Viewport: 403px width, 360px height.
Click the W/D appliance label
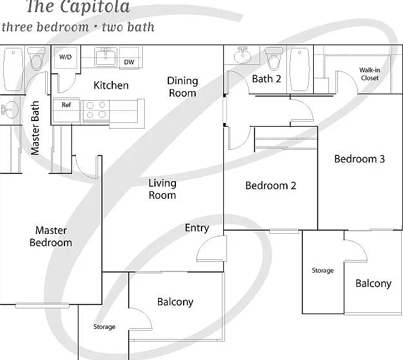click(65, 57)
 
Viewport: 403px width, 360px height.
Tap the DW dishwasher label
click(129, 62)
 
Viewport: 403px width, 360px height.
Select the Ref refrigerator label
click(66, 104)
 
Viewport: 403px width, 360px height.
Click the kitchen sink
click(106, 57)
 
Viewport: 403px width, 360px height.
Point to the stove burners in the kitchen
click(96, 110)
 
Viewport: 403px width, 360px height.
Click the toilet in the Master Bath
click(36, 59)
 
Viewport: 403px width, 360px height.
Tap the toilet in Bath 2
click(274, 59)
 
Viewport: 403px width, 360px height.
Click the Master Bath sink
click(10, 110)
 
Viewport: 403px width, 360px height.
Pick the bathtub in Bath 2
click(300, 69)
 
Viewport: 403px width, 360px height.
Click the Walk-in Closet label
click(370, 74)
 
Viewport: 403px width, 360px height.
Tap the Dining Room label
click(182, 87)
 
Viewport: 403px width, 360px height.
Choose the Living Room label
click(163, 189)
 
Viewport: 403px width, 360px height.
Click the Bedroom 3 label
click(360, 159)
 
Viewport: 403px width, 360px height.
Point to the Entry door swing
click(212, 248)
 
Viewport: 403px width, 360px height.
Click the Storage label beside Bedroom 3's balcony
click(323, 270)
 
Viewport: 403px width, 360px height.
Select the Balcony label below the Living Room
click(175, 302)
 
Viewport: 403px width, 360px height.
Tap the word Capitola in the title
click(96, 6)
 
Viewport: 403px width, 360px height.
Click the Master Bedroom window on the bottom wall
click(43, 306)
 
